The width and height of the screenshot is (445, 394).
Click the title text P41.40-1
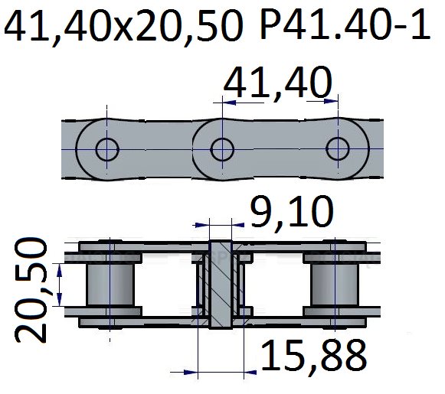[345, 24]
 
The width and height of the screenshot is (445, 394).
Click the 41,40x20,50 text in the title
[124, 27]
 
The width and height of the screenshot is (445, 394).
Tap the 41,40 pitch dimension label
[277, 82]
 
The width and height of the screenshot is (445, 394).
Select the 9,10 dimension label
[292, 211]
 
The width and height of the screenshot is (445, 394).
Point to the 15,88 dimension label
[314, 356]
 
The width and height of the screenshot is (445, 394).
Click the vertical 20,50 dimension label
[31, 290]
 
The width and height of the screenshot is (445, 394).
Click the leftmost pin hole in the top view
[107, 149]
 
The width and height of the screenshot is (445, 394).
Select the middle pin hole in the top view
[222, 149]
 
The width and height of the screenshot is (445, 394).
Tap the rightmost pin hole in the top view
[338, 149]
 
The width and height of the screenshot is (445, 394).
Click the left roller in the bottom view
[110, 285]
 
